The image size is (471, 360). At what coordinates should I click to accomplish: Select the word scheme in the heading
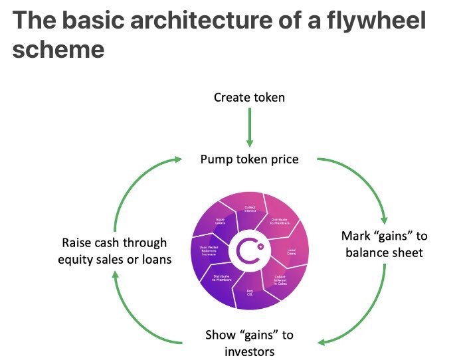58,49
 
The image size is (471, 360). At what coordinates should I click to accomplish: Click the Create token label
249,98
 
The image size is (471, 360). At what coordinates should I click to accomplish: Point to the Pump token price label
248,160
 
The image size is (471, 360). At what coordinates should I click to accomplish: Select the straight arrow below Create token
250,127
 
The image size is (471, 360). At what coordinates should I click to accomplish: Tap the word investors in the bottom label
249,351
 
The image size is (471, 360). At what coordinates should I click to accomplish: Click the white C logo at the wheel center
249,250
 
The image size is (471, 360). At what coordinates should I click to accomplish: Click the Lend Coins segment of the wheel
291,251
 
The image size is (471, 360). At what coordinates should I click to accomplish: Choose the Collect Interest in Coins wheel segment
279,281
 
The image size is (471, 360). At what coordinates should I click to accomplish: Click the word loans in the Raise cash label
153,259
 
